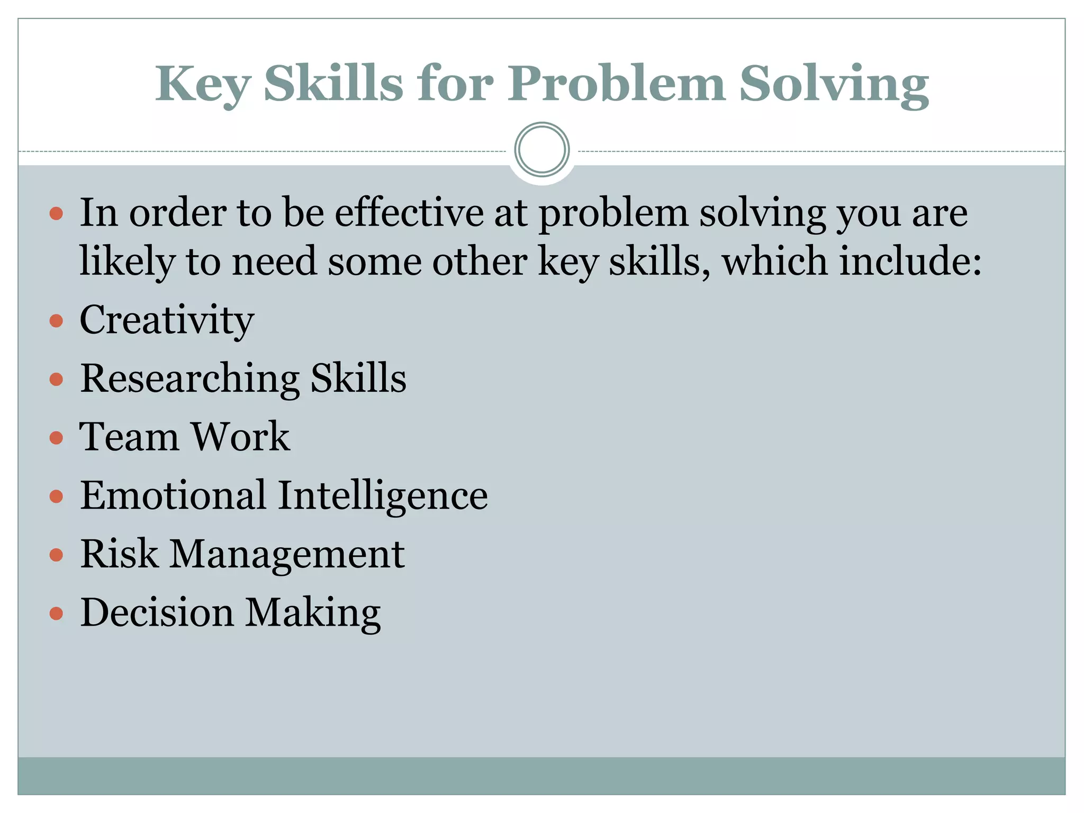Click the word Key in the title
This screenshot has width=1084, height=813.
(x=202, y=85)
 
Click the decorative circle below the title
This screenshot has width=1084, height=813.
(x=541, y=150)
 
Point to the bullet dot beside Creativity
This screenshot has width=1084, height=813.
(x=56, y=321)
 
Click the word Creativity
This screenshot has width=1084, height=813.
(x=167, y=321)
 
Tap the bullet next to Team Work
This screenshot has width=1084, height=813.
(x=56, y=438)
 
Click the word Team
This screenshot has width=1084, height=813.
(x=129, y=437)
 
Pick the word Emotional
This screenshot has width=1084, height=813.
(x=173, y=496)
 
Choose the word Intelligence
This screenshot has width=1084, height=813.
(x=383, y=496)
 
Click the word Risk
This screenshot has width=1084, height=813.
(x=119, y=554)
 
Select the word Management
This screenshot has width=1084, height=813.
(x=287, y=555)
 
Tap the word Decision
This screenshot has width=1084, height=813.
(x=157, y=613)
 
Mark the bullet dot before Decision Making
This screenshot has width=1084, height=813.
(x=56, y=613)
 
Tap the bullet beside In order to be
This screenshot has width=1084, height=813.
(x=56, y=214)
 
